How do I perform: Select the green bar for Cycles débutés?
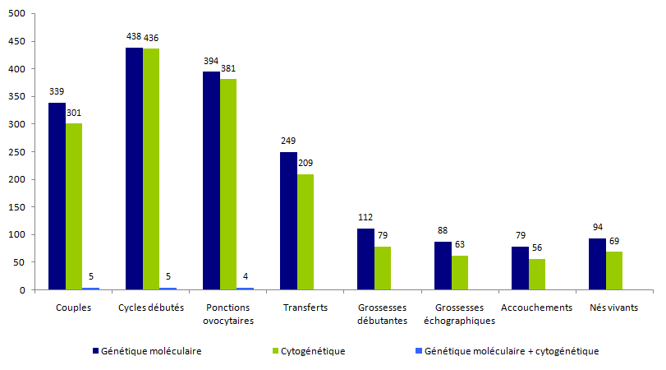coord(151,169)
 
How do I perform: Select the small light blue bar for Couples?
coord(90,288)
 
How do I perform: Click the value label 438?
coord(134,37)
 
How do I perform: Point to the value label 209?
coord(306,164)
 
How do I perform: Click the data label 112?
coord(365,218)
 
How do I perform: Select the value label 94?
coord(597,228)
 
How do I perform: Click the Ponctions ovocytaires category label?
coord(228,314)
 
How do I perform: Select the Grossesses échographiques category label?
coord(460,314)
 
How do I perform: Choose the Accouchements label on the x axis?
coord(536,308)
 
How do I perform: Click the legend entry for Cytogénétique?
coord(312,351)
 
